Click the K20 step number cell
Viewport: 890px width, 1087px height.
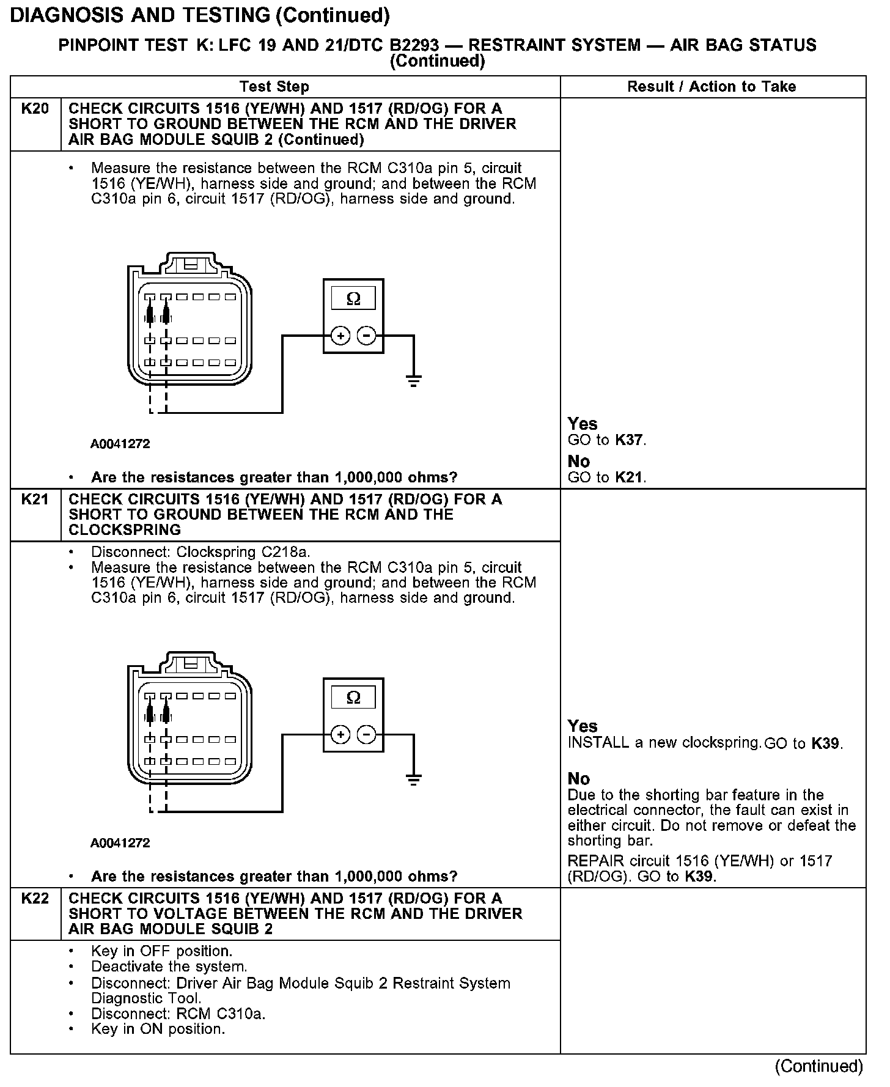coord(35,109)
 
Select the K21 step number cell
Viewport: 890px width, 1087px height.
coord(35,499)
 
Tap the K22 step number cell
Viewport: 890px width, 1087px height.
coord(35,899)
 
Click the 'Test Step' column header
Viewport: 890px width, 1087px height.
coord(274,87)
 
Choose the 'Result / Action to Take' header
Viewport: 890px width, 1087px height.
coord(712,87)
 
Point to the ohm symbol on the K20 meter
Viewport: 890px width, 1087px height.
coord(353,299)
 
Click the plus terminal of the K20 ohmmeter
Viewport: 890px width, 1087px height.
coord(340,336)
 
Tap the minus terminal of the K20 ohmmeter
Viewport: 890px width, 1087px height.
coord(366,336)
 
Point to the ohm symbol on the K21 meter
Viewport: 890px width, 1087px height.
coord(353,698)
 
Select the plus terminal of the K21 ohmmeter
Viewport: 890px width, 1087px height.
coord(340,734)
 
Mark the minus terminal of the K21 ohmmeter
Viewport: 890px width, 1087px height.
coord(366,734)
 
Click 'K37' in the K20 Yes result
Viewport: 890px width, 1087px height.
coord(630,440)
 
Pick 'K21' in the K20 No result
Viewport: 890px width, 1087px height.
coord(630,477)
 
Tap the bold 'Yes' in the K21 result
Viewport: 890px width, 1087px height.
coord(583,726)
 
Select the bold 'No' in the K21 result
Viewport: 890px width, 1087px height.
coord(579,779)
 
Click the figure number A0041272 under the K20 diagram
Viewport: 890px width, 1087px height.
coord(120,444)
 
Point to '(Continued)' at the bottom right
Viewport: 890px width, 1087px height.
coord(819,1067)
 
